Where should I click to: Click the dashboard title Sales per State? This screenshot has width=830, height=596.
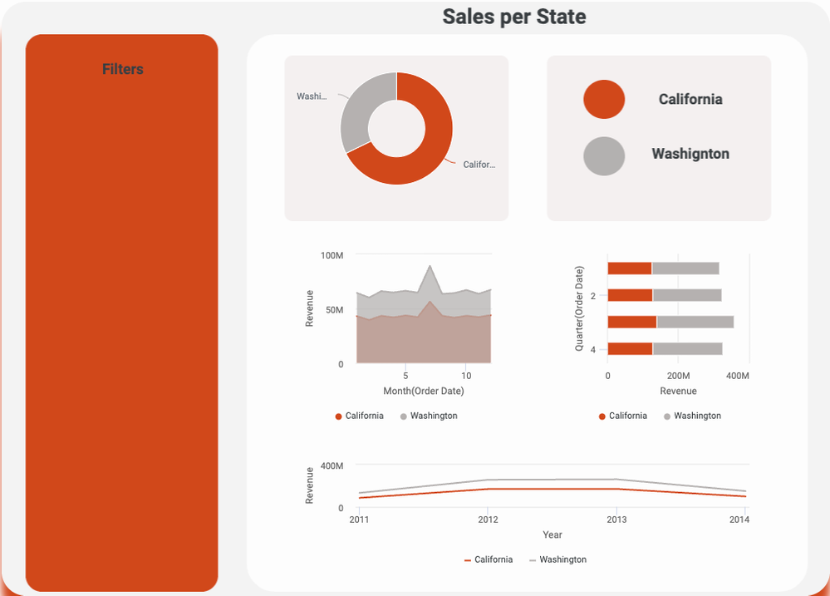point(513,17)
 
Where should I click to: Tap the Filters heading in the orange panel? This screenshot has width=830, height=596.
point(123,69)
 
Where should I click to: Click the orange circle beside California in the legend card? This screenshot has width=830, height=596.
point(604,99)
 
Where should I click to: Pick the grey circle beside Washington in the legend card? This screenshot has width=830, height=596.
point(604,155)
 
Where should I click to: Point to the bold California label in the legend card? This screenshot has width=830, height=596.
point(690,99)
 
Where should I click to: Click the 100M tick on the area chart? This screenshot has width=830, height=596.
point(332,255)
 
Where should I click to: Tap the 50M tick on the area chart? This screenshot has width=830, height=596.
point(334,310)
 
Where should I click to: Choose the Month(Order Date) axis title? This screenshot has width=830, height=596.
point(424,391)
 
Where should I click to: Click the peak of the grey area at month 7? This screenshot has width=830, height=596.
point(430,267)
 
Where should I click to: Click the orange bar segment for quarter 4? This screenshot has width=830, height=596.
point(630,348)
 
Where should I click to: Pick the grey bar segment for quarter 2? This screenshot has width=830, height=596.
point(686,295)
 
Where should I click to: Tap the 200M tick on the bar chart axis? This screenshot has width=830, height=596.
point(678,377)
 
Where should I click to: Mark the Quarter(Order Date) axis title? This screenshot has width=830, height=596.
point(580,308)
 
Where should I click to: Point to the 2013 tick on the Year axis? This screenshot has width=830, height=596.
point(616,520)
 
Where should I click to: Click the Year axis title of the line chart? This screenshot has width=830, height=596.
point(553,534)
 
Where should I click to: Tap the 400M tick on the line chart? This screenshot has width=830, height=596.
point(332,466)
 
